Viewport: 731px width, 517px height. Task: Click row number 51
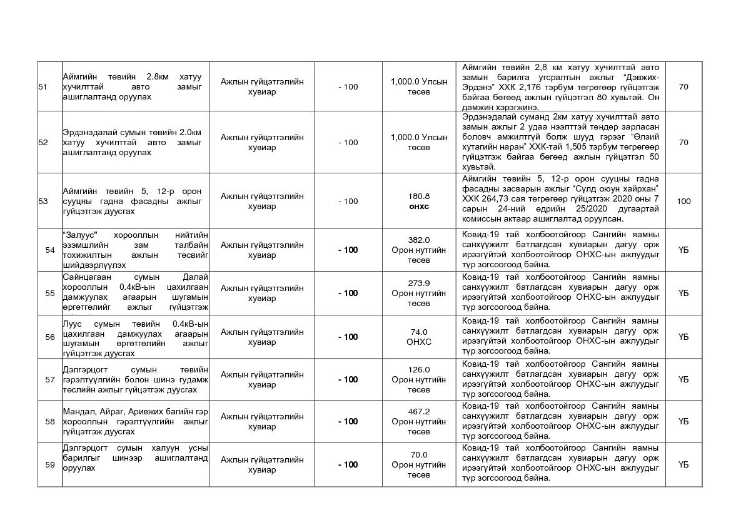pyautogui.click(x=43, y=86)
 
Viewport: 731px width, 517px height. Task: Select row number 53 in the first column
pyautogui.click(x=43, y=202)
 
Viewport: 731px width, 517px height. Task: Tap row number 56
pyautogui.click(x=50, y=337)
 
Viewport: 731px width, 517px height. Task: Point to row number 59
pyautogui.click(x=50, y=465)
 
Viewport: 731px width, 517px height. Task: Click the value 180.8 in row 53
pyautogui.click(x=419, y=196)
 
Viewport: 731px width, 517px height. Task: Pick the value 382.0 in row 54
pyautogui.click(x=419, y=240)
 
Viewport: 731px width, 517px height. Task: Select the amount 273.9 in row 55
pyautogui.click(x=419, y=283)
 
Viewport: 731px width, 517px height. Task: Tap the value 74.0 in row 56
pyautogui.click(x=419, y=332)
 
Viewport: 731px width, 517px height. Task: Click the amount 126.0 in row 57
pyautogui.click(x=419, y=369)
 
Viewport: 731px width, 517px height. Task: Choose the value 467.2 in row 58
pyautogui.click(x=419, y=411)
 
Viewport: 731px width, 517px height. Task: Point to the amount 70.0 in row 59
pyautogui.click(x=419, y=454)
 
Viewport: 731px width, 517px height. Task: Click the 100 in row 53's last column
pyautogui.click(x=683, y=202)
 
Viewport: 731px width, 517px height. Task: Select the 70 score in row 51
pyautogui.click(x=683, y=86)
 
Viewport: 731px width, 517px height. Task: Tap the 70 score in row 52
pyautogui.click(x=683, y=143)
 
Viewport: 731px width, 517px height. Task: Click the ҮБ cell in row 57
pyautogui.click(x=683, y=379)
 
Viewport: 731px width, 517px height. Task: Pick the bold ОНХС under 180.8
pyautogui.click(x=419, y=207)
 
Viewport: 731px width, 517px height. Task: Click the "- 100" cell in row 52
pyautogui.click(x=348, y=143)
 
